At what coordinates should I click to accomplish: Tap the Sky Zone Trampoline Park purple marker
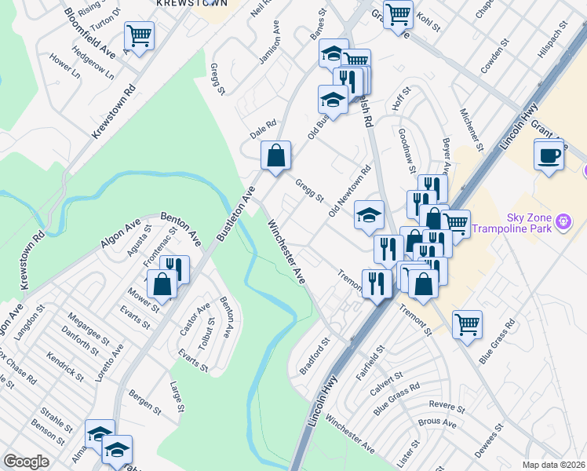point(563,224)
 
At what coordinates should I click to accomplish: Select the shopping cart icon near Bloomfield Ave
point(139,35)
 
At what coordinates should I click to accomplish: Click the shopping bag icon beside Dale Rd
point(276,155)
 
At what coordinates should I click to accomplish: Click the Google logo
point(27,462)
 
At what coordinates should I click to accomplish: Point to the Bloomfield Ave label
point(90,33)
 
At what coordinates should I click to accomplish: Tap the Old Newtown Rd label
point(349,192)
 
